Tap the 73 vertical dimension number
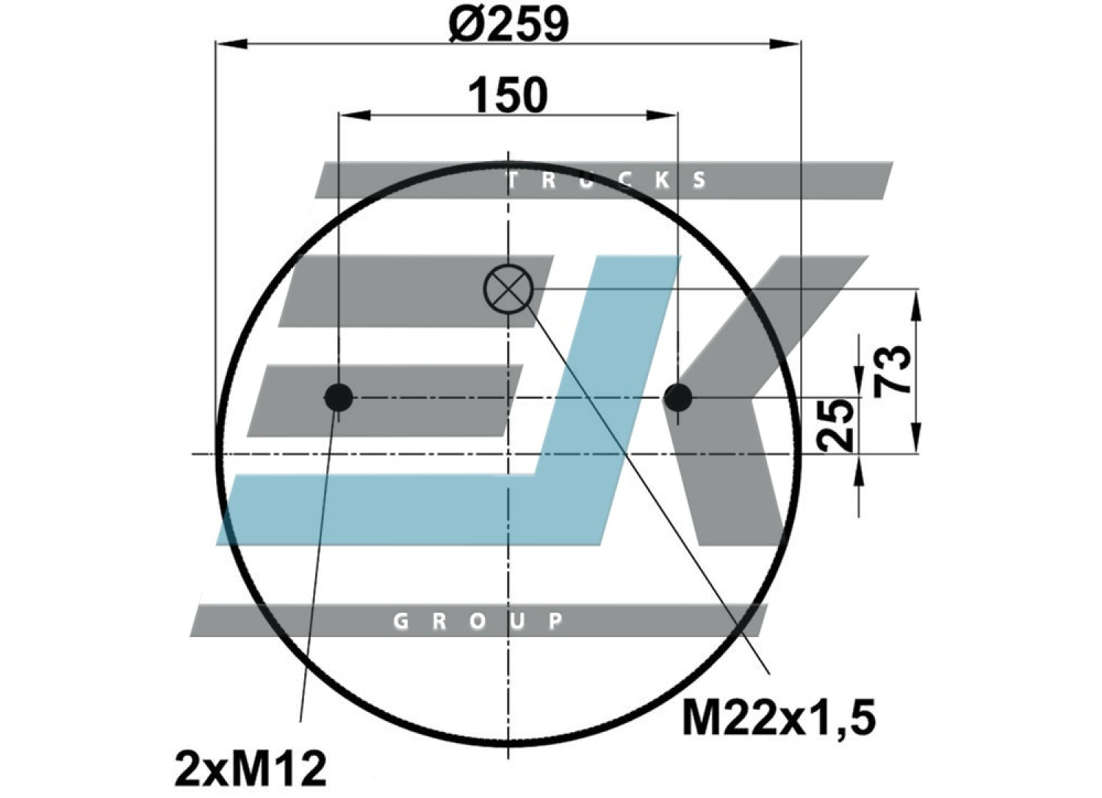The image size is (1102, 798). (891, 370)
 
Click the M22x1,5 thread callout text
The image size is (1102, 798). (779, 719)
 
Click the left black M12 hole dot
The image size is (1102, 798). (339, 398)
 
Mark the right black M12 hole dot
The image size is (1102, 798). (678, 398)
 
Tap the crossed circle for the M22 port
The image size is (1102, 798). (508, 290)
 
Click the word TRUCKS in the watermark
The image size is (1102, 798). (607, 181)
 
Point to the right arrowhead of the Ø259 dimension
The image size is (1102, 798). (785, 44)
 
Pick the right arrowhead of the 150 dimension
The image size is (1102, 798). (662, 115)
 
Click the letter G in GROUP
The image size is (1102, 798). (401, 622)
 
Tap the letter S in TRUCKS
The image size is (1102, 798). (699, 181)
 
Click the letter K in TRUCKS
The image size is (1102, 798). (663, 181)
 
